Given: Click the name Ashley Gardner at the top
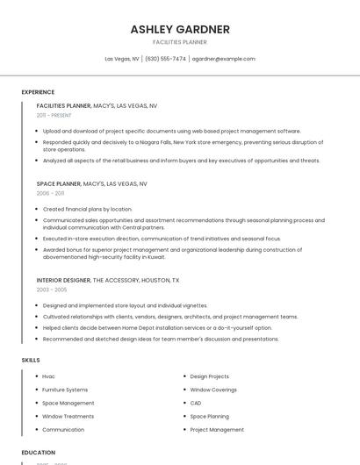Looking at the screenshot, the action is (180, 30).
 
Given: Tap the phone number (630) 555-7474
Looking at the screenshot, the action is (165, 59).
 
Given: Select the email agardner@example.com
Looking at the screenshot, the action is (223, 59).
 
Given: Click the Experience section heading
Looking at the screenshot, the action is (38, 92).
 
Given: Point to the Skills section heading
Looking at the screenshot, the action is (30, 360).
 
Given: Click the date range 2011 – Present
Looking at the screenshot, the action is (54, 115).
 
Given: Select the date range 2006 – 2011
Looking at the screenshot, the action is (50, 193).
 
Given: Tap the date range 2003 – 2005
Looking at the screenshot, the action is (51, 289).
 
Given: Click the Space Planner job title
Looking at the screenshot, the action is (59, 184).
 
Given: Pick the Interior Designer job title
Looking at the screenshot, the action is (63, 280).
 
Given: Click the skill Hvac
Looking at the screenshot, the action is (48, 376).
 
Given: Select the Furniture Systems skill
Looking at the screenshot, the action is (65, 390).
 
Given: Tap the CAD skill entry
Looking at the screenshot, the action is (196, 403).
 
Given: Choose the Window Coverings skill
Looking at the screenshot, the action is (213, 390).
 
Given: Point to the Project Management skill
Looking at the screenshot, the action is (217, 430).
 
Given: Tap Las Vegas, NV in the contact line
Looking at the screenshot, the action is (122, 59).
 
